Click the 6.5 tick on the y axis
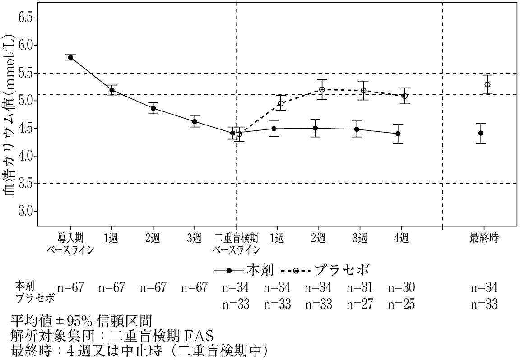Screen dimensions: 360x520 27,18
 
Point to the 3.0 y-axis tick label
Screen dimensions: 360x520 27,211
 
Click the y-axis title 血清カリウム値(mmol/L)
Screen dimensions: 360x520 10,116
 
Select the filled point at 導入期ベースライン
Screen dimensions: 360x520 70,57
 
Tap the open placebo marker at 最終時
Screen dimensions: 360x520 487,84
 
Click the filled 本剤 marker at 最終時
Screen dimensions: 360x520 481,133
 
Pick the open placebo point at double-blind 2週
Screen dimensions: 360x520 322,89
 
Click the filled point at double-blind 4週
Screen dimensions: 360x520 398,134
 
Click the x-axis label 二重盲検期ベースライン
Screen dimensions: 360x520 236,244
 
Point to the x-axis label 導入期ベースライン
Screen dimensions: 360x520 70,244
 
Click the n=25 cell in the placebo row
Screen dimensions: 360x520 401,304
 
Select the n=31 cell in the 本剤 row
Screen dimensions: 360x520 360,287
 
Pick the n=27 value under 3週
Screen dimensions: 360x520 360,304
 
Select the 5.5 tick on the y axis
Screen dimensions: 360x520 27,73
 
